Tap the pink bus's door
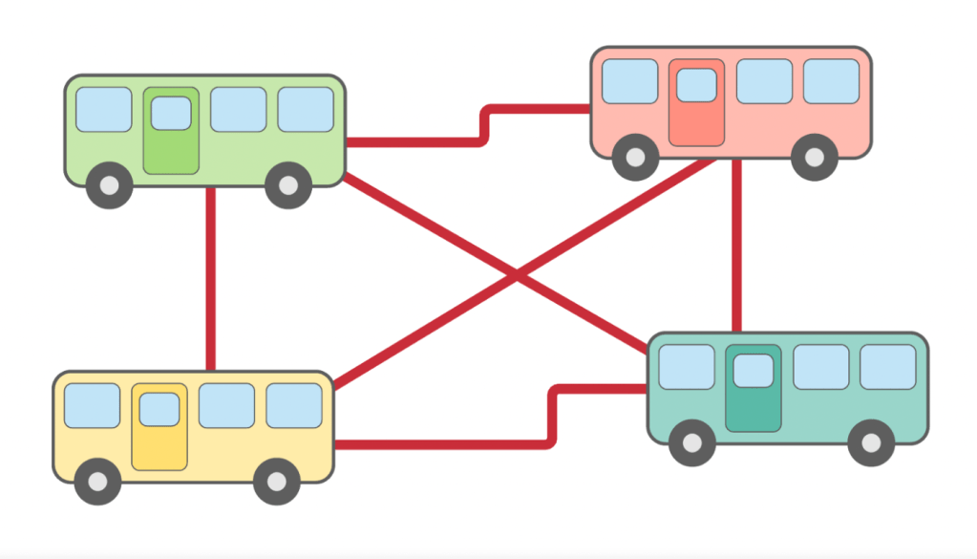coord(696,103)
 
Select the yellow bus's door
coord(159,427)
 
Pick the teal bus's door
coord(754,389)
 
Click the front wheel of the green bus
coord(109,185)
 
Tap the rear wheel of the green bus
coord(288,185)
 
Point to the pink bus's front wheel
coord(634,158)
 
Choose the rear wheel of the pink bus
coord(815,158)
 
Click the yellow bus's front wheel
coord(97,482)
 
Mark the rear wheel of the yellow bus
coord(277,482)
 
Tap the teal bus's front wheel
coord(691,443)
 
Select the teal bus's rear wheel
coord(871,443)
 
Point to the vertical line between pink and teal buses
coord(736,244)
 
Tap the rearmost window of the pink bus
coord(831,81)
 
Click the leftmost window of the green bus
coord(104,110)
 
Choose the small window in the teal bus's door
coord(754,370)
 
